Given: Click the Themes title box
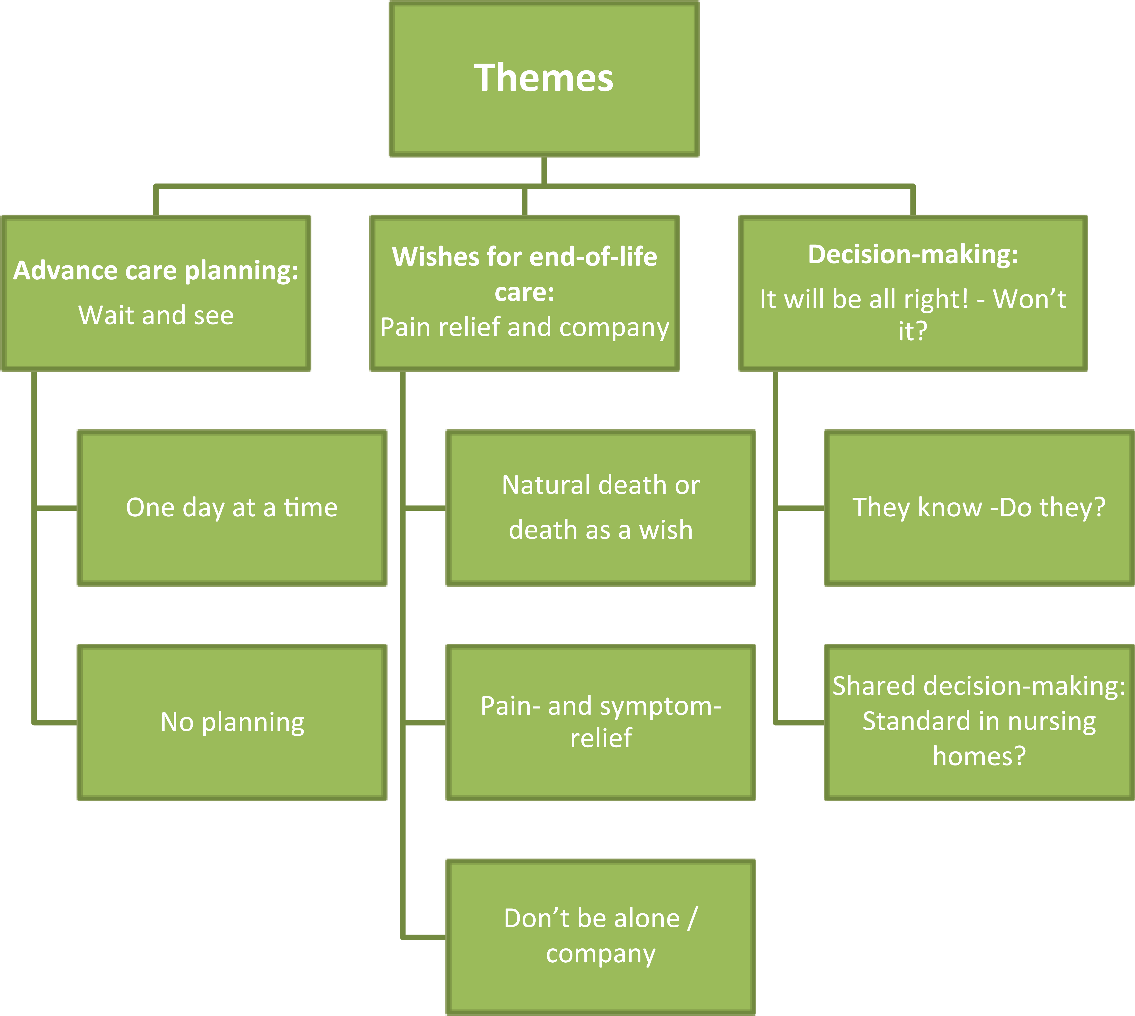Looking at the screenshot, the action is [x=544, y=79].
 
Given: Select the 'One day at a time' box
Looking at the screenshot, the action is [x=232, y=508].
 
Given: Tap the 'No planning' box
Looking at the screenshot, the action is [x=232, y=722].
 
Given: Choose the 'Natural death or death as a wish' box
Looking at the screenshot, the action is [x=601, y=508].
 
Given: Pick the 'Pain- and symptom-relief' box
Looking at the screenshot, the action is [x=601, y=722].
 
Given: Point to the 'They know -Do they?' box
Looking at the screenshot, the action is [x=979, y=508].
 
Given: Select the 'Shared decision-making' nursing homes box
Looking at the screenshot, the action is [x=979, y=722].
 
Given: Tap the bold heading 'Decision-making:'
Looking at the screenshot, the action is [x=913, y=255].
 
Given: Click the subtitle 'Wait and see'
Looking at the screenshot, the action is [x=156, y=316].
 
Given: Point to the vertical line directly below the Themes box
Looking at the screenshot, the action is [x=544, y=170].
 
